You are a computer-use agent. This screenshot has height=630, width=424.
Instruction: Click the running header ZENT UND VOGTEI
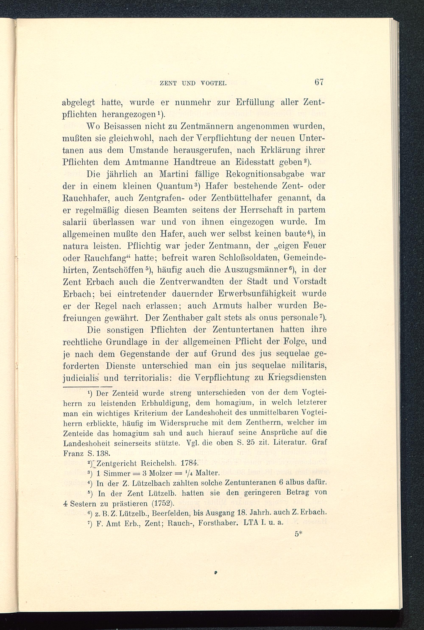(x=193, y=84)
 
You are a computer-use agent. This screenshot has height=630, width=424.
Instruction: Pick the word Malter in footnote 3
(x=207, y=473)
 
